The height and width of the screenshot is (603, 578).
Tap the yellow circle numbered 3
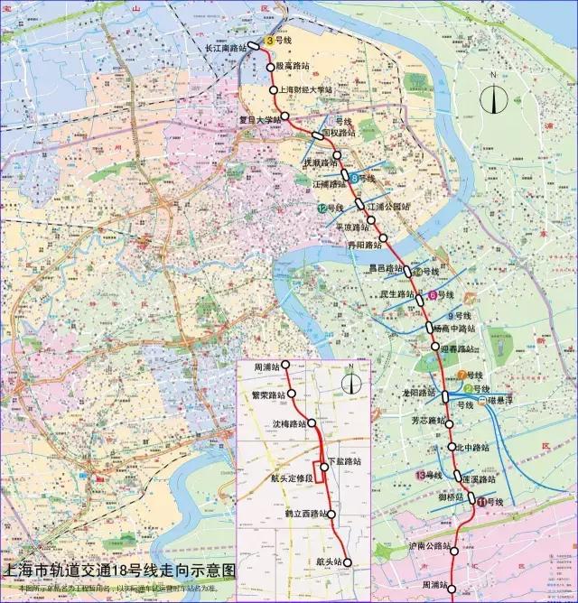coord(268,41)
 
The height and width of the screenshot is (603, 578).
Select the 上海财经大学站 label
coord(307,90)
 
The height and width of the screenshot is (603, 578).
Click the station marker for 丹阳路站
coord(384,238)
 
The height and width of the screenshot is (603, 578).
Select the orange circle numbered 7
coord(461,375)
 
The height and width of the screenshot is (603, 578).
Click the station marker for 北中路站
coord(452,448)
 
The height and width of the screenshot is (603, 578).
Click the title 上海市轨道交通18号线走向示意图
coord(120,571)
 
